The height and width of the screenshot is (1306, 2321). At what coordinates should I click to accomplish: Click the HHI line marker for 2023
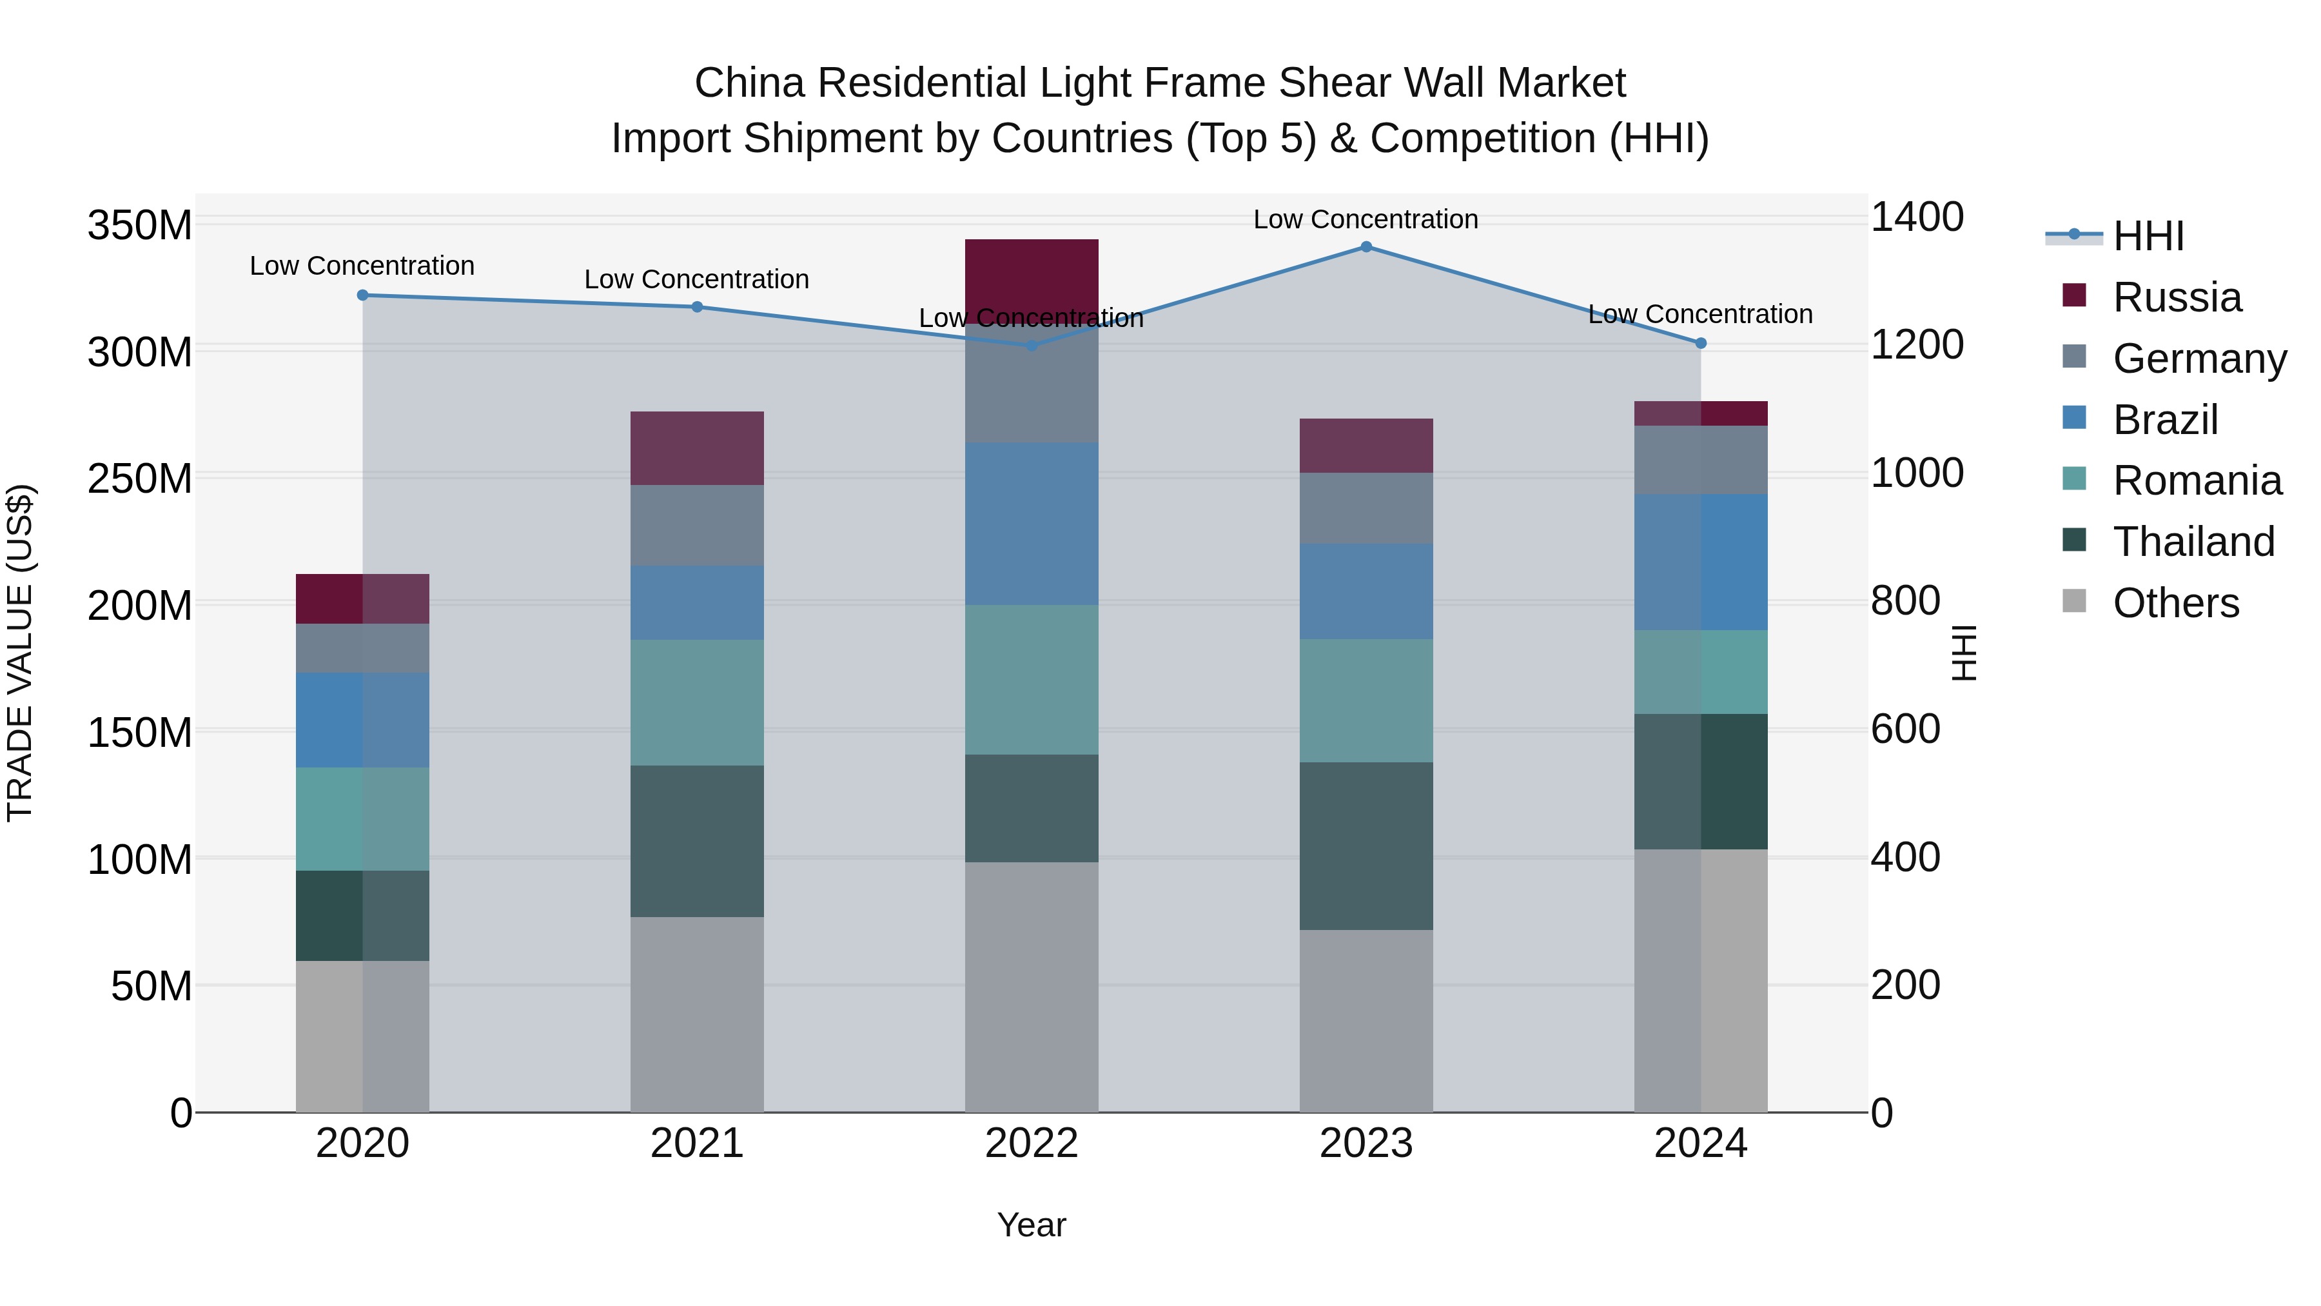[x=1366, y=247]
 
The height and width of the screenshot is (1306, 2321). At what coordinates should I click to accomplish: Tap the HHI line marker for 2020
[x=362, y=295]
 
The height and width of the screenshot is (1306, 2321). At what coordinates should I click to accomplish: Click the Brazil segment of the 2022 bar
[x=1032, y=523]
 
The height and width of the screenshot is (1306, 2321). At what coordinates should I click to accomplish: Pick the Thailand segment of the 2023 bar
[x=1366, y=846]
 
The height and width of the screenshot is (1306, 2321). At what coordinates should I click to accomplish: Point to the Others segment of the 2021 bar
[x=696, y=1014]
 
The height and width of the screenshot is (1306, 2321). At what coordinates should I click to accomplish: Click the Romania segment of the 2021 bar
[x=696, y=702]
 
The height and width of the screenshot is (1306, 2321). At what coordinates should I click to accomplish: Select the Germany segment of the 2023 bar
[x=1366, y=508]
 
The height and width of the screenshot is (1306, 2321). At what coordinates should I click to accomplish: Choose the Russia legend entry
[x=2177, y=297]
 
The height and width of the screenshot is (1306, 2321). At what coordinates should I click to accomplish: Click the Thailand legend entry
[x=2193, y=542]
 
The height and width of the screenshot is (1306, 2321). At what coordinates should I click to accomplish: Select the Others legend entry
[x=2175, y=603]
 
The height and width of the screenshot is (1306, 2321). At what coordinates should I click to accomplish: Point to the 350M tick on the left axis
[x=140, y=224]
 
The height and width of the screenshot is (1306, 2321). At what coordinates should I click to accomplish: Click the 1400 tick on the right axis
[x=1917, y=217]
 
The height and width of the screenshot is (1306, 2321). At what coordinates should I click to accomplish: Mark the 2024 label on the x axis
[x=1700, y=1143]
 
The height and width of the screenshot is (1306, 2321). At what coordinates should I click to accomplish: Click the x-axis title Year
[x=1032, y=1225]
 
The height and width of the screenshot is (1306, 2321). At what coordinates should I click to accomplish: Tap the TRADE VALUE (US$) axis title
[x=20, y=653]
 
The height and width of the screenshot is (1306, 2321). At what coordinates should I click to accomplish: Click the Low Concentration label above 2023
[x=1366, y=219]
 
